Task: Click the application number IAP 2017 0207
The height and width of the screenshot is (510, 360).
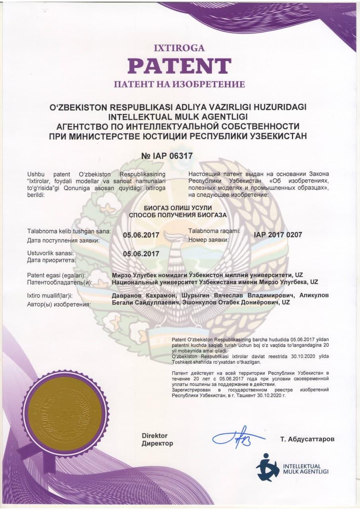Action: point(278,235)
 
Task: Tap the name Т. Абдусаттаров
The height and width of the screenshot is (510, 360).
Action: point(307,439)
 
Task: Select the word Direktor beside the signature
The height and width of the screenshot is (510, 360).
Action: point(155,435)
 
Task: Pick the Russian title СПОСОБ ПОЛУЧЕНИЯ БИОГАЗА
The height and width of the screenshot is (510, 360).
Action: point(178,215)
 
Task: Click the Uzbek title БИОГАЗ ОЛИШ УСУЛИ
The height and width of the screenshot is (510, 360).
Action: point(178,208)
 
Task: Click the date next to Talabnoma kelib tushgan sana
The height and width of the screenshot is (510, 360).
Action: point(141,235)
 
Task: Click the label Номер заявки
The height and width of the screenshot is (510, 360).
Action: point(208,240)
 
